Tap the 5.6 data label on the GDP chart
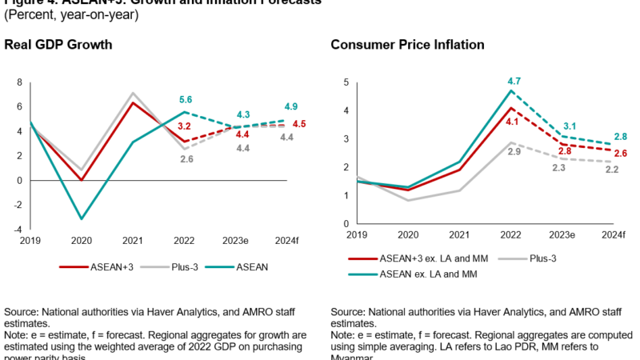[x=186, y=100]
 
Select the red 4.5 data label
[x=300, y=123]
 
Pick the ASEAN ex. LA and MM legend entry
[x=406, y=276]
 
